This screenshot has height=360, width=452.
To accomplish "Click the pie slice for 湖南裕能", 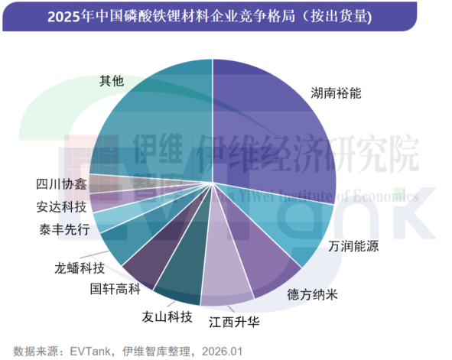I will pyautogui.click(x=275, y=130).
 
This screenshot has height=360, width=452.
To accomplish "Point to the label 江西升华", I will pyautogui.click(x=234, y=321).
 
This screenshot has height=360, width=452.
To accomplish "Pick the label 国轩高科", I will pyautogui.click(x=115, y=289).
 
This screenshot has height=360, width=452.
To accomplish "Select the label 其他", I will pyautogui.click(x=112, y=80).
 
